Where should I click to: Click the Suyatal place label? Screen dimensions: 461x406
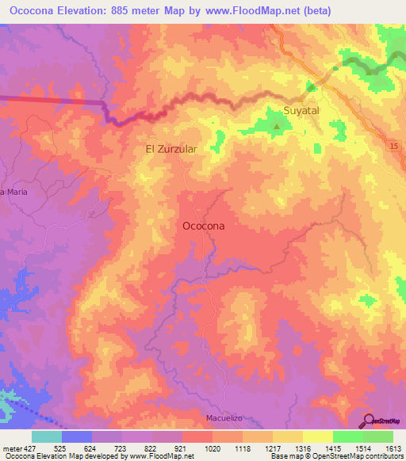click(x=301, y=111)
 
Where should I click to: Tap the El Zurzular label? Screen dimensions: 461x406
click(x=170, y=148)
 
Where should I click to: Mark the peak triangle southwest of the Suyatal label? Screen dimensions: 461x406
click(x=276, y=125)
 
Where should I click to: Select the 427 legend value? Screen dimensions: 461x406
click(x=31, y=448)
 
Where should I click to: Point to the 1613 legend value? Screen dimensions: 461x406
click(x=393, y=448)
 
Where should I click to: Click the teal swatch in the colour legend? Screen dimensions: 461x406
click(x=46, y=436)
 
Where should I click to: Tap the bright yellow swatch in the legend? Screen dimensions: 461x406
click(x=317, y=436)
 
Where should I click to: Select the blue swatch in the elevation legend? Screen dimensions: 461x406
click(x=76, y=436)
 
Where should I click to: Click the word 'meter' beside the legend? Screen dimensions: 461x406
click(x=10, y=448)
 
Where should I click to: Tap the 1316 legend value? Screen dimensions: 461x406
click(x=302, y=448)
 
